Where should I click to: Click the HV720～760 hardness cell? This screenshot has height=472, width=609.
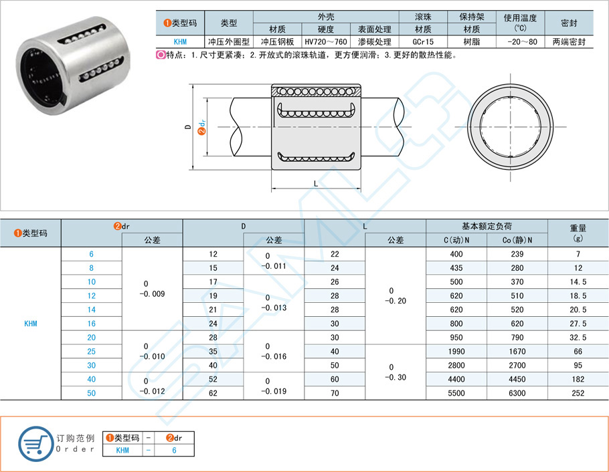[326, 41]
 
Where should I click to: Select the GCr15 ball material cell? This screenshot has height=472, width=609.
[422, 41]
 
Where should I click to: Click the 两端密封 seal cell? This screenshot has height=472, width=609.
[569, 41]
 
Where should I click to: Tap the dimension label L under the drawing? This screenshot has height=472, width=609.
[316, 183]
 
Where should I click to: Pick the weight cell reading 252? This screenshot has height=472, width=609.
[578, 393]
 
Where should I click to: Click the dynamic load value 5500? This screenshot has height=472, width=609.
[456, 393]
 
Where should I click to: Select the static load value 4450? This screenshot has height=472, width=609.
[517, 379]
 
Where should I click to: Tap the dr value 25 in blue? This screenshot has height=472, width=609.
[92, 351]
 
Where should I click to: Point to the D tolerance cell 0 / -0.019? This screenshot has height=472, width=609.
[273, 386]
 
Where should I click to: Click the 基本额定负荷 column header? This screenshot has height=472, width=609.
[487, 226]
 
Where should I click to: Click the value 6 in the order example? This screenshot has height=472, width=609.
[175, 451]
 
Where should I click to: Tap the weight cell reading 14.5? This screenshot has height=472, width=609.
[578, 281]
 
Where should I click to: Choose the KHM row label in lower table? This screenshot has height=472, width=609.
[31, 324]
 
